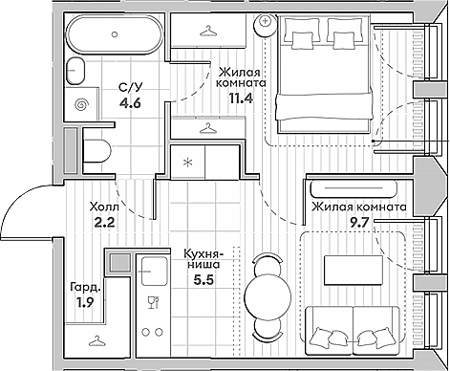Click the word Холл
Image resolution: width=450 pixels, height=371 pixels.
[105, 206]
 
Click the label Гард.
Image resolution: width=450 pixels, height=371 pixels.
[83, 286]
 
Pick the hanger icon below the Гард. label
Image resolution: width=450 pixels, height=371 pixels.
[95, 341]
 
